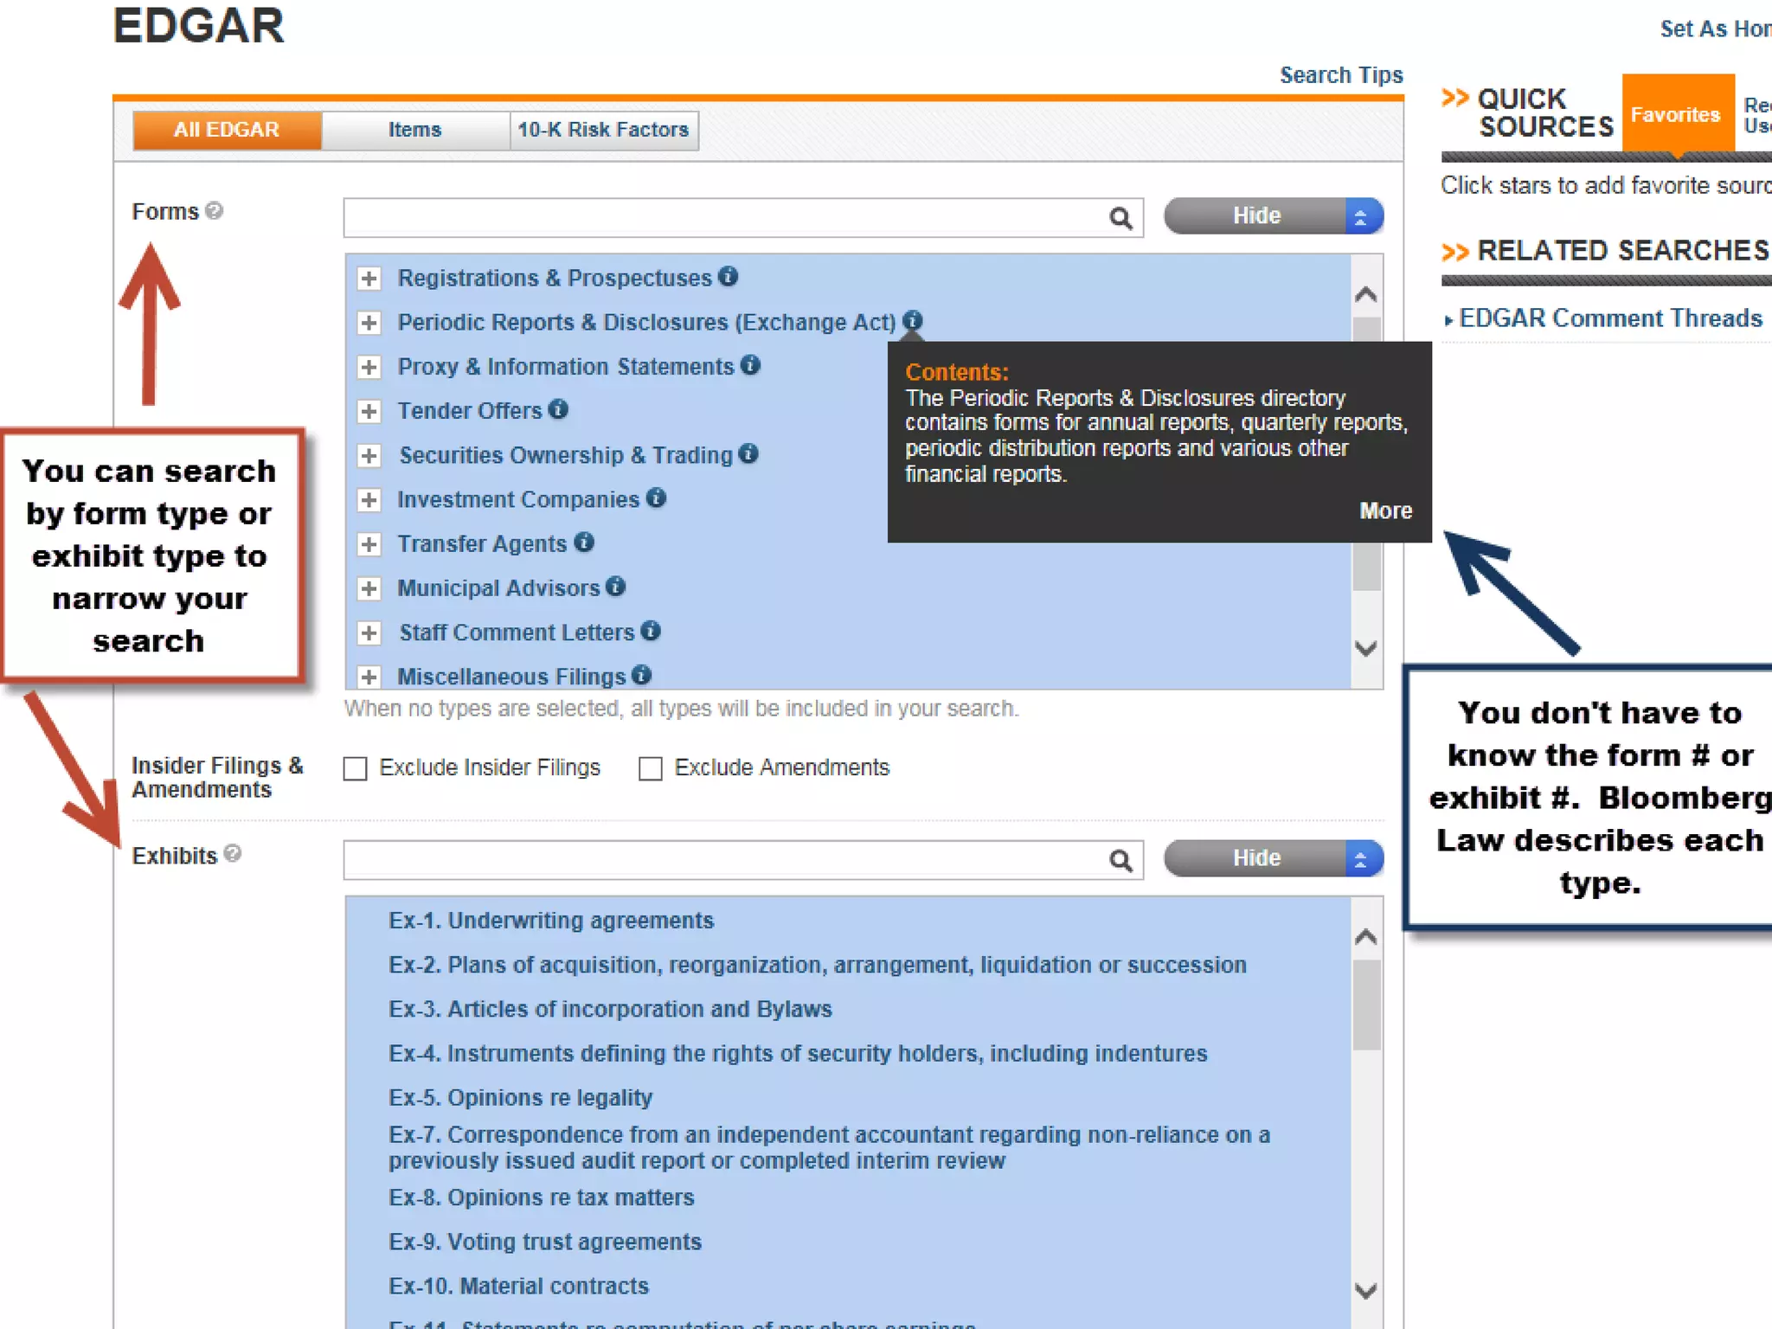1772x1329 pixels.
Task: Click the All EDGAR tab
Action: (227, 130)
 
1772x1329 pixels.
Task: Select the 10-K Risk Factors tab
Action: (603, 130)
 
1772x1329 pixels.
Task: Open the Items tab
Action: (414, 130)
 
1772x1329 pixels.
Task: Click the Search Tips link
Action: (1340, 75)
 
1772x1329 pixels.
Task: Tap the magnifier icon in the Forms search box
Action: (1120, 218)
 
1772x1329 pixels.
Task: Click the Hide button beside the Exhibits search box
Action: (1256, 858)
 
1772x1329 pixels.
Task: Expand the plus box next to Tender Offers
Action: (369, 411)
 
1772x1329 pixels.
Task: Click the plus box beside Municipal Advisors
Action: (369, 588)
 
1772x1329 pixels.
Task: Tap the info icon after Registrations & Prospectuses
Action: (729, 276)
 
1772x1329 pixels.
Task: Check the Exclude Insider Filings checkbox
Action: (356, 768)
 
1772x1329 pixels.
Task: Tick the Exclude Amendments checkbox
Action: (651, 768)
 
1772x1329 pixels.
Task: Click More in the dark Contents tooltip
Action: (1385, 510)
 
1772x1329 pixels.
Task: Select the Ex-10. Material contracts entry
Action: (518, 1286)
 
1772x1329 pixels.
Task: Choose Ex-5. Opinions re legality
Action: (520, 1097)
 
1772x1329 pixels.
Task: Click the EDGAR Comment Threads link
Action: (1610, 318)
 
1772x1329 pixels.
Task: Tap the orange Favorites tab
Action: (1676, 114)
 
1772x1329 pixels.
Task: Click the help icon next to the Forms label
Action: (215, 210)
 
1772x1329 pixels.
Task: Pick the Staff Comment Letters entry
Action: (517, 632)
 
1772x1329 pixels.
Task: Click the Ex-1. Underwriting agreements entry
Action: (551, 920)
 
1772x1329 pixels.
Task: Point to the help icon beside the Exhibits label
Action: (233, 854)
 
